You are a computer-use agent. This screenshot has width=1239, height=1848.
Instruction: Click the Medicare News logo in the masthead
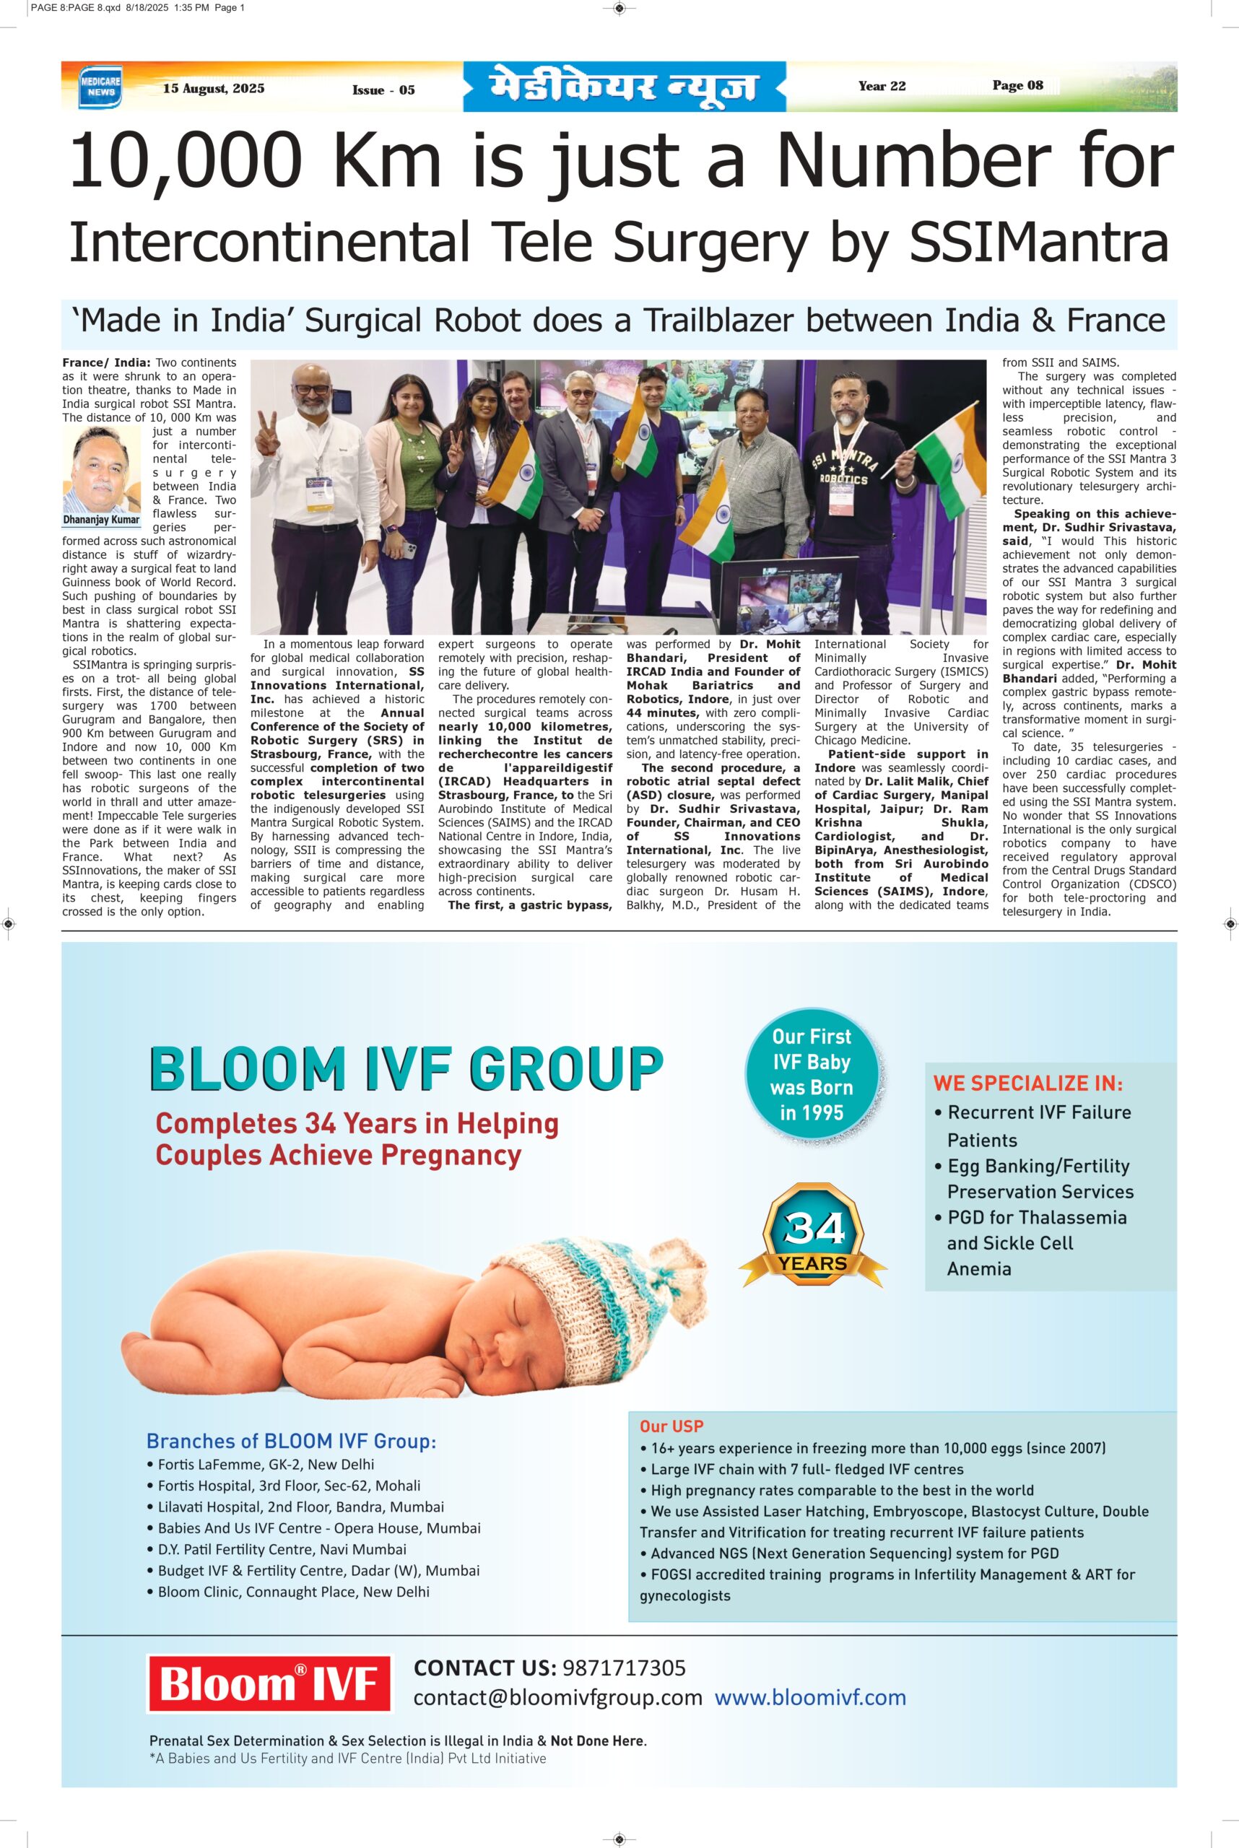(100, 87)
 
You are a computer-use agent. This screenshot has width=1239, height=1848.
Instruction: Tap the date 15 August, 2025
(213, 89)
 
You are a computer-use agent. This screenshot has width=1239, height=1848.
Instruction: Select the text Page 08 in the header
(1018, 85)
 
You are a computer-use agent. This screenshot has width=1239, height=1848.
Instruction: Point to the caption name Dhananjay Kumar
(102, 520)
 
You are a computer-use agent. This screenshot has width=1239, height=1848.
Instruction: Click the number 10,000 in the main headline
(186, 160)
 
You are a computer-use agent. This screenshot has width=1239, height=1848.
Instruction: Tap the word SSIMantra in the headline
(1038, 243)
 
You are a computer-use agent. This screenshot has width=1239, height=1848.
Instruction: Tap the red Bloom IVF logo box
(269, 1683)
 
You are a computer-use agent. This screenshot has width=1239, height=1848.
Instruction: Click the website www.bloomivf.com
(810, 1698)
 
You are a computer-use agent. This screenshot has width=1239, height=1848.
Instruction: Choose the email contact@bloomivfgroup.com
(557, 1698)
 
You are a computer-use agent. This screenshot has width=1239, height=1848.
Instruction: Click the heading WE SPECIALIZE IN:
(1027, 1084)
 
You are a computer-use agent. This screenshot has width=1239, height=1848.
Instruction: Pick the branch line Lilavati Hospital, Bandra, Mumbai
(300, 1507)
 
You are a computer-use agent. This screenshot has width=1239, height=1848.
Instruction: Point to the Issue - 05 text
(383, 90)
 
